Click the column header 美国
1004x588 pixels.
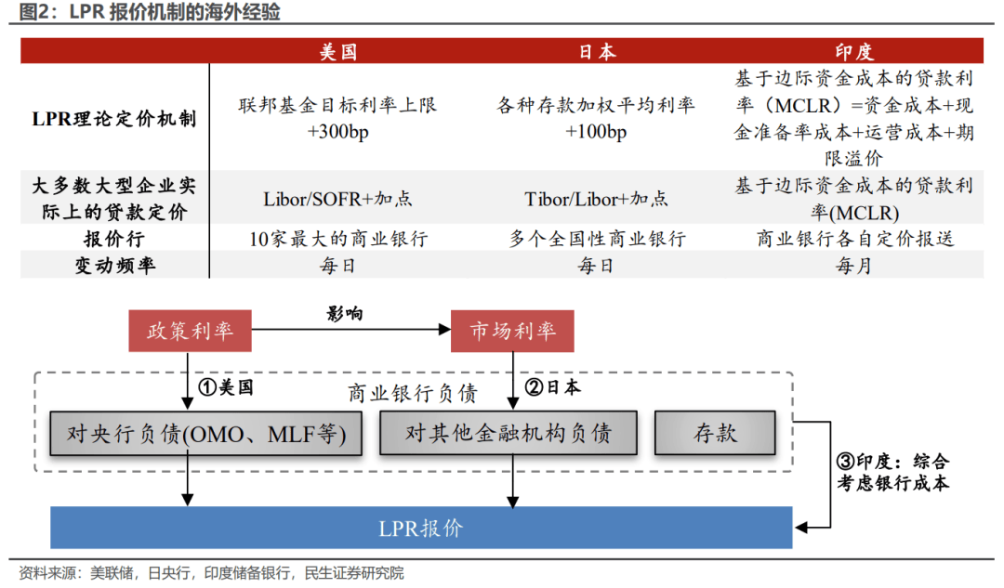(337, 51)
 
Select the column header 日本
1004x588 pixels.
(596, 51)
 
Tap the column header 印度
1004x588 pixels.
(853, 51)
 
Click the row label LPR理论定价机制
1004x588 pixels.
(114, 118)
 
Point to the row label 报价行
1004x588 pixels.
(114, 239)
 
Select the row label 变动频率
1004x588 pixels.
(114, 266)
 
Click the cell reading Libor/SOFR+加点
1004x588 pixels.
(337, 199)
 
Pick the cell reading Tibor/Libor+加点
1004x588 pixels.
(596, 199)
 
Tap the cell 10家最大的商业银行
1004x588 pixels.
(337, 239)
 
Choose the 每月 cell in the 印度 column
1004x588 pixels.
(853, 266)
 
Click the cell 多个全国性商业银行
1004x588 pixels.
(596, 239)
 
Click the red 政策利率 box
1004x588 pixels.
(190, 332)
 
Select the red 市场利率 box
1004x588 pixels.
(512, 332)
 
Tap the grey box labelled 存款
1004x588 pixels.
(715, 433)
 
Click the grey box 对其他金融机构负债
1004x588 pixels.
(509, 433)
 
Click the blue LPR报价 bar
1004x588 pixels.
(421, 529)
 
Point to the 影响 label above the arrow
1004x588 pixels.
(345, 314)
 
